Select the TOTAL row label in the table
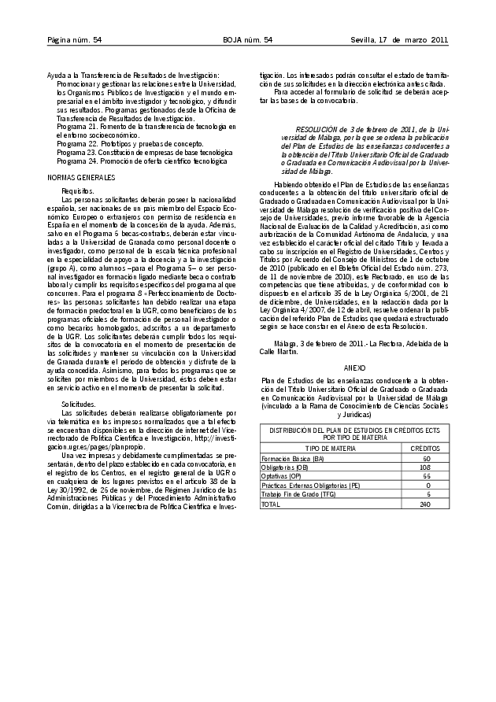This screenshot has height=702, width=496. point(271,504)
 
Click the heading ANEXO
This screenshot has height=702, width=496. point(354,368)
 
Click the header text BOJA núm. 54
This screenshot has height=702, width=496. point(247,40)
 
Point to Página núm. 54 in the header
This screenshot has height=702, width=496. point(75,40)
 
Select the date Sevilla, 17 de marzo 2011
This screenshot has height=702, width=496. point(399,40)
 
